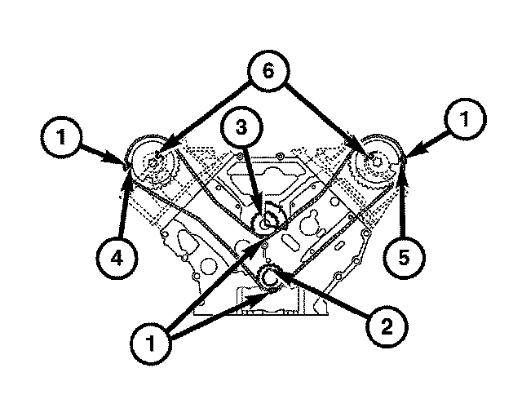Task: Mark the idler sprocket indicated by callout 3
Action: coord(265,222)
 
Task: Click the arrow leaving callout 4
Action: coord(123,204)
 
